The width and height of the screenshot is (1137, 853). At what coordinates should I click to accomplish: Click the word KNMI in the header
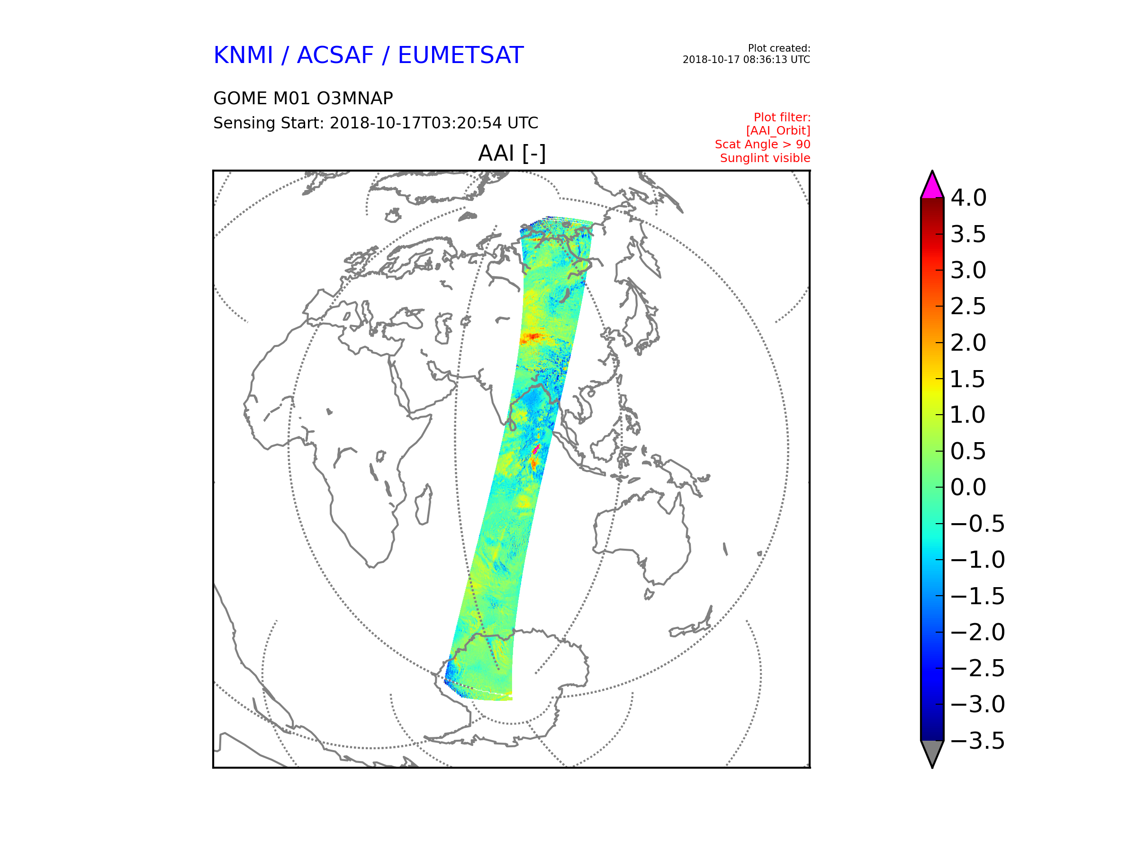pyautogui.click(x=243, y=55)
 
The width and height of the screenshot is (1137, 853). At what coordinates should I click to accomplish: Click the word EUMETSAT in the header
pyautogui.click(x=460, y=55)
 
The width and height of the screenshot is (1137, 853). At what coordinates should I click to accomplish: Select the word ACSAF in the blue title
pyautogui.click(x=335, y=55)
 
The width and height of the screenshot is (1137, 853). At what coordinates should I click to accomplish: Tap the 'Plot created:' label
pyautogui.click(x=779, y=48)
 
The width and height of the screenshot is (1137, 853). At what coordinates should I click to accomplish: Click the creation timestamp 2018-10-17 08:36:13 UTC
pyautogui.click(x=746, y=60)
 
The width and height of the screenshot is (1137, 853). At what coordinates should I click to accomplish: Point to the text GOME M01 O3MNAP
pyautogui.click(x=303, y=98)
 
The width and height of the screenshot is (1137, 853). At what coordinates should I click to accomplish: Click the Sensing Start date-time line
pyautogui.click(x=376, y=123)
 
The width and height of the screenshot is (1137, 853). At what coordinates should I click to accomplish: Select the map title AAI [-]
pyautogui.click(x=512, y=153)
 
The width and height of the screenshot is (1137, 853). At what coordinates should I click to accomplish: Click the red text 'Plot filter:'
pyautogui.click(x=782, y=118)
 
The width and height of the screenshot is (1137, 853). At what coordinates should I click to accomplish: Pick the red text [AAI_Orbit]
pyautogui.click(x=778, y=131)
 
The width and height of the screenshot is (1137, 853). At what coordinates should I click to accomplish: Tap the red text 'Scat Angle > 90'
pyautogui.click(x=762, y=145)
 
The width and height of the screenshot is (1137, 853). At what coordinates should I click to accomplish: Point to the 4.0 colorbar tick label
pyautogui.click(x=968, y=198)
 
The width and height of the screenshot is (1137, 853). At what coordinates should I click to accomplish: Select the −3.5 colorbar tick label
pyautogui.click(x=978, y=741)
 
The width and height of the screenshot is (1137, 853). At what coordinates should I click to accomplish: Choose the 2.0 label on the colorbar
pyautogui.click(x=968, y=343)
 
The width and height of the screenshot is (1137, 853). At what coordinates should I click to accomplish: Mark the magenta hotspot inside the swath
pyautogui.click(x=536, y=450)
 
